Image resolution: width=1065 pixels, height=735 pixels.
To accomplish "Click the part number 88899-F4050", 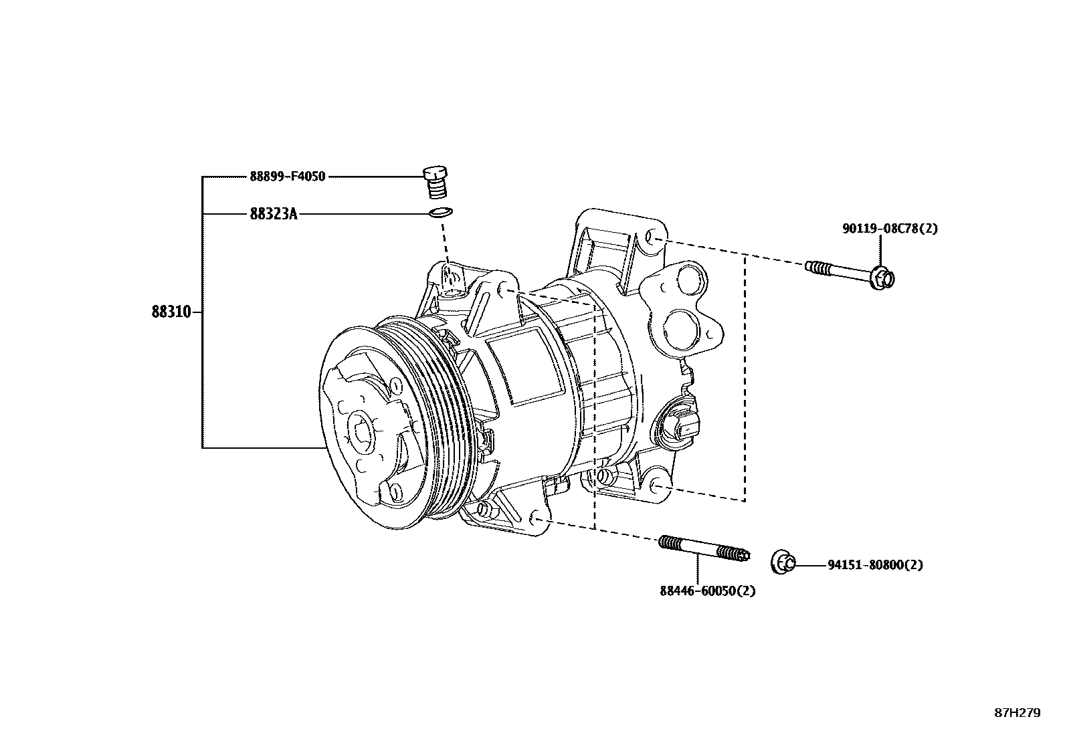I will (287, 177).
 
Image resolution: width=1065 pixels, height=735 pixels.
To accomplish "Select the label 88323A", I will (273, 214).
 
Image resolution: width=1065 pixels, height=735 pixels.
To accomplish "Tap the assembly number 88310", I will (171, 312).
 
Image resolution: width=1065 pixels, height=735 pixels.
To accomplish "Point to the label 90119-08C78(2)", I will (889, 229).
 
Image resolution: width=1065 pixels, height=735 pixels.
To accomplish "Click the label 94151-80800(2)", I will (875, 564).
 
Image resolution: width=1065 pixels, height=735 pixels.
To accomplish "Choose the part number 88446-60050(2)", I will (707, 591).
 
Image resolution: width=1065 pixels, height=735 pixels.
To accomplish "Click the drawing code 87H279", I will (1017, 713).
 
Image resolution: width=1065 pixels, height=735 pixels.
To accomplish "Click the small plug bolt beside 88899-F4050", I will (437, 181).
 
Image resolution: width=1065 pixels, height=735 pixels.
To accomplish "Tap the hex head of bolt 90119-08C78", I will (884, 278).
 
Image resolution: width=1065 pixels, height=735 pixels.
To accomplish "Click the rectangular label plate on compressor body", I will (523, 367).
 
